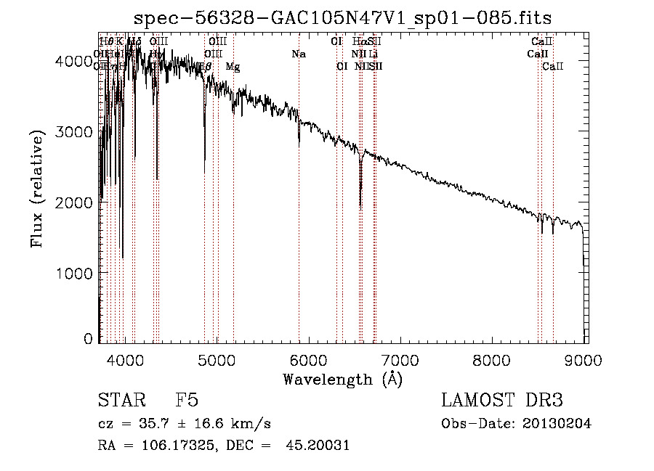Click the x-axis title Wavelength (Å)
(x=342, y=379)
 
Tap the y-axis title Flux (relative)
(x=37, y=189)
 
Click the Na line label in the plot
(x=299, y=54)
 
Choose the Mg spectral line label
(x=233, y=67)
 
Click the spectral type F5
(x=187, y=401)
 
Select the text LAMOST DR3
(x=501, y=401)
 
